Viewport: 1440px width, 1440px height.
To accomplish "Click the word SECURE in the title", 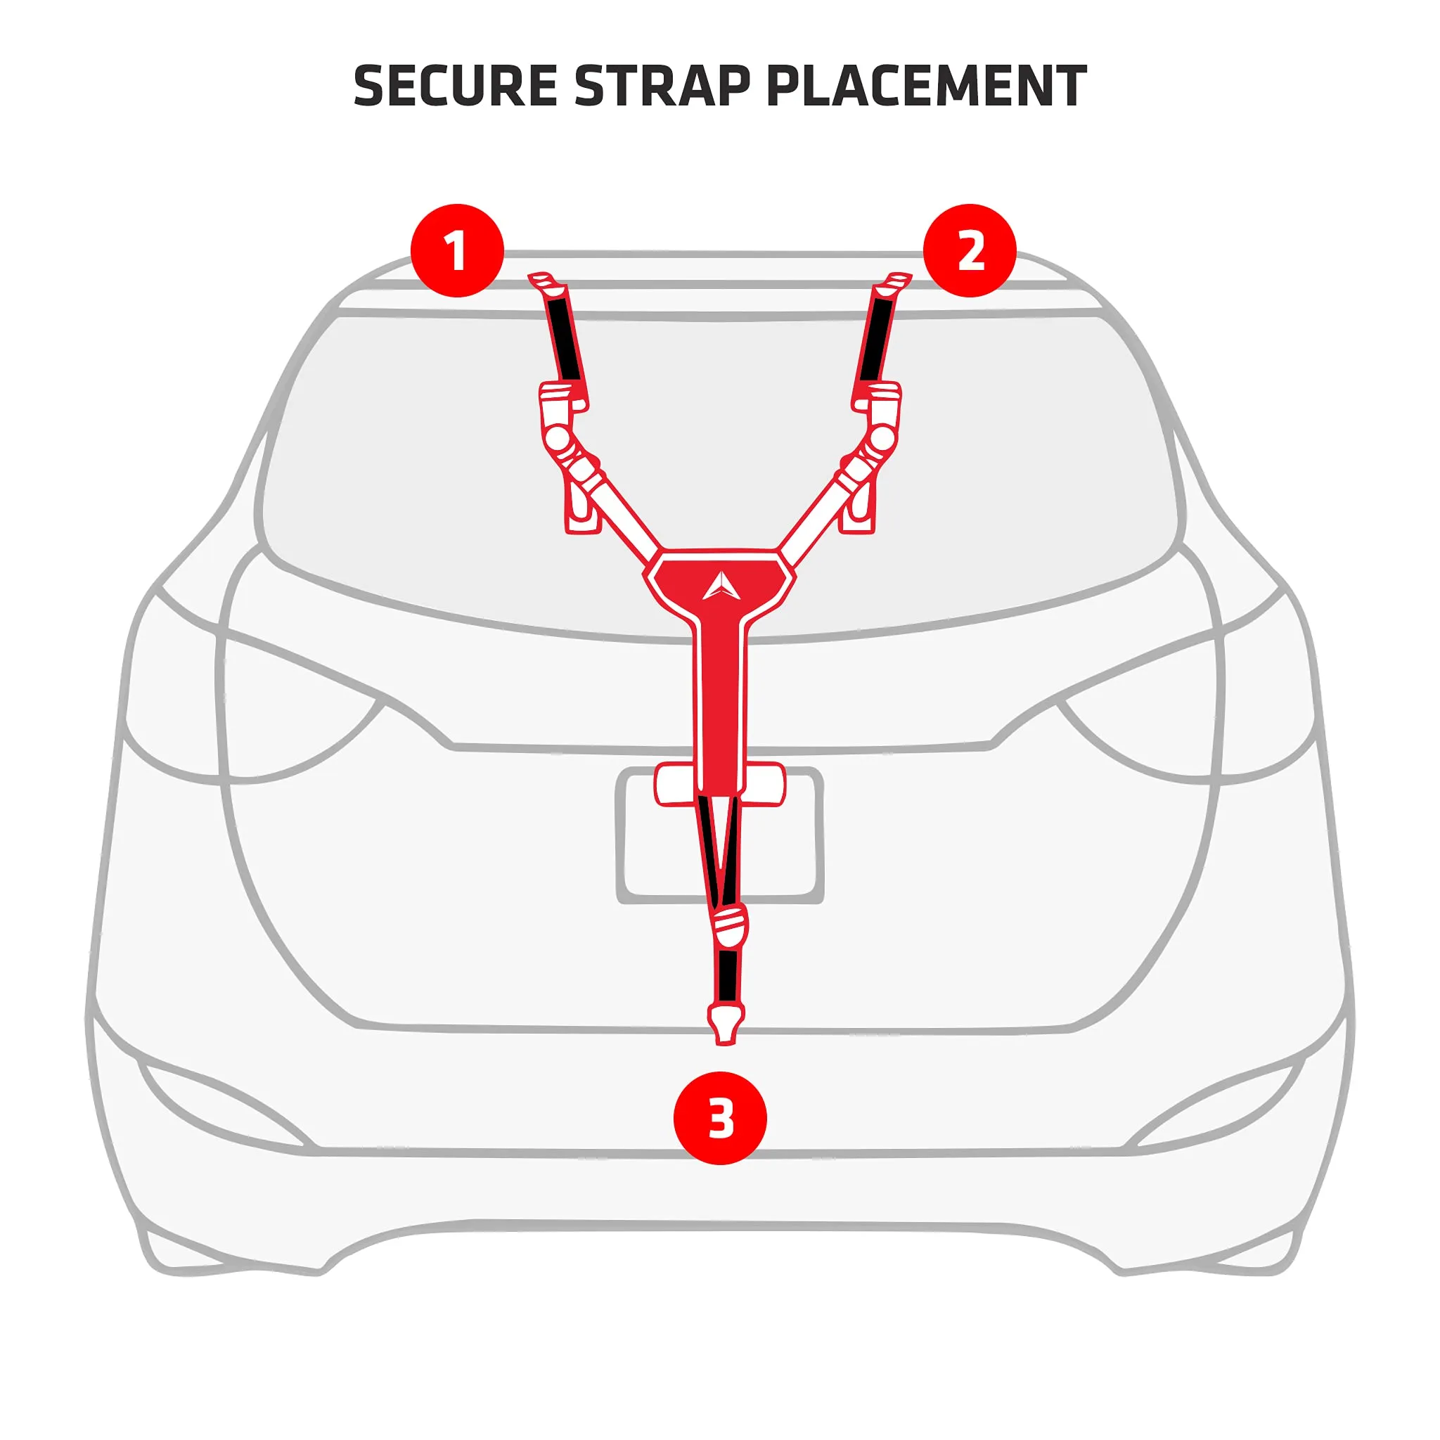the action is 455,86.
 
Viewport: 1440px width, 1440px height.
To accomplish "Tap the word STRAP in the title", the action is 662,86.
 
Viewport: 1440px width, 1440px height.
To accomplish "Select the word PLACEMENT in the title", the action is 927,86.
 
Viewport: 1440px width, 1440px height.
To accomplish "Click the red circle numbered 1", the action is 457,250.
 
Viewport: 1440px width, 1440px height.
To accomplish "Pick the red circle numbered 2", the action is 970,250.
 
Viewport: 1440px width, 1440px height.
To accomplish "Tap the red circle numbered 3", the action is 720,1118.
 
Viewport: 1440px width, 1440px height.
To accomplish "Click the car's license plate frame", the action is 720,835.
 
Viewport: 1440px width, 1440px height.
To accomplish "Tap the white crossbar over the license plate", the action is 720,785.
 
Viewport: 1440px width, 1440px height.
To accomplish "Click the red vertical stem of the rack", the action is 720,708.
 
